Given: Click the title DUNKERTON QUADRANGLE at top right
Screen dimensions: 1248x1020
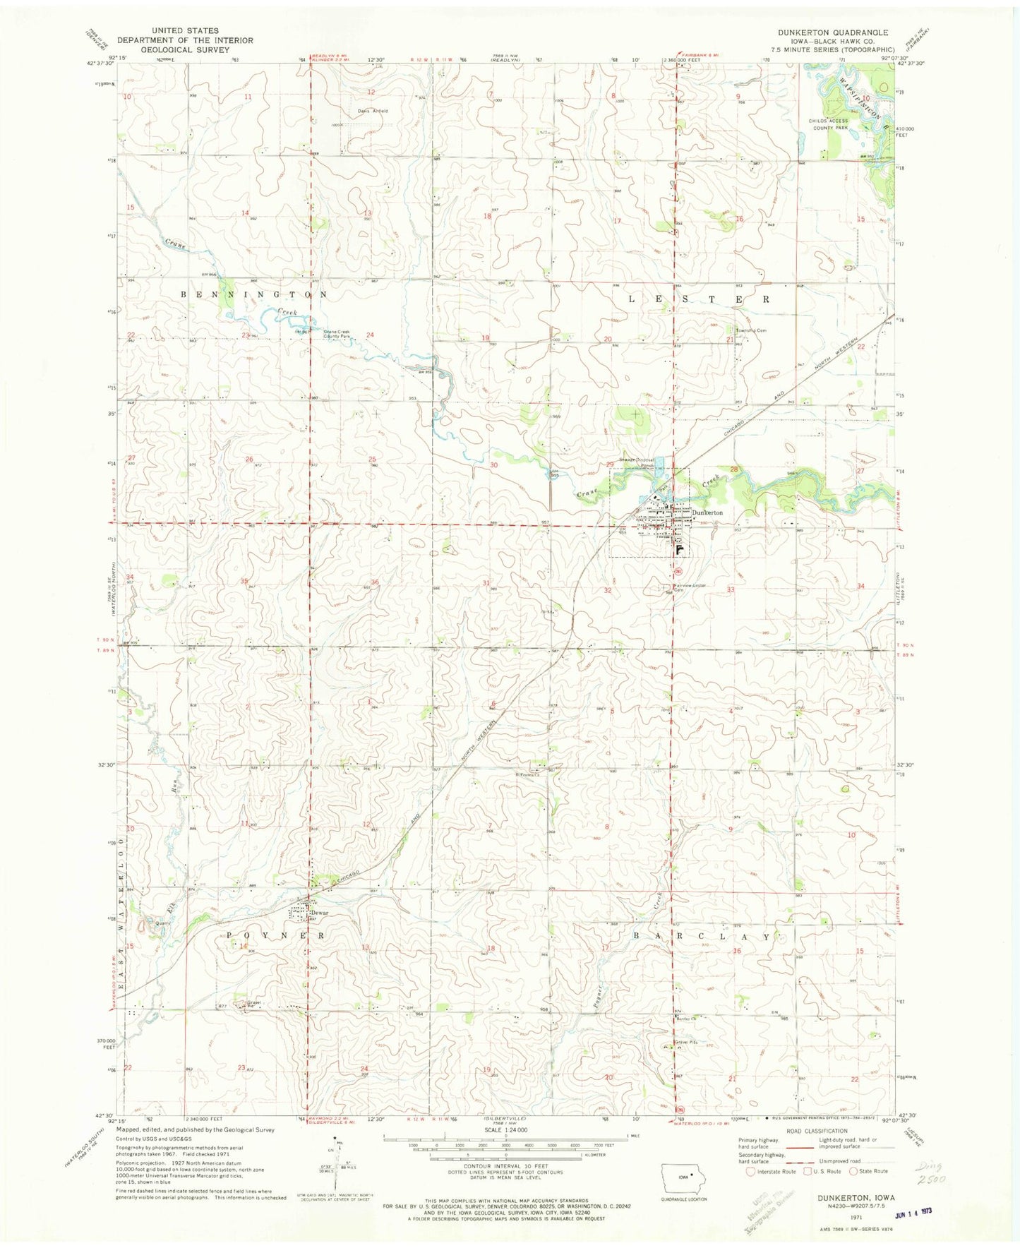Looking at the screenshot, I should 832,32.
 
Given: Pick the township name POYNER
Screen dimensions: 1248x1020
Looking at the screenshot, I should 276,935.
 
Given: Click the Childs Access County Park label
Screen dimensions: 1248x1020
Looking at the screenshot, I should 828,125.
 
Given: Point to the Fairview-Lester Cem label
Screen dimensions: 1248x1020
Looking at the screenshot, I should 689,587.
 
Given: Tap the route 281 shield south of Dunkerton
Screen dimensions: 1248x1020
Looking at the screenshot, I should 678,570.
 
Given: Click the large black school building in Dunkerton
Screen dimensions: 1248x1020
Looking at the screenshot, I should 680,548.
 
